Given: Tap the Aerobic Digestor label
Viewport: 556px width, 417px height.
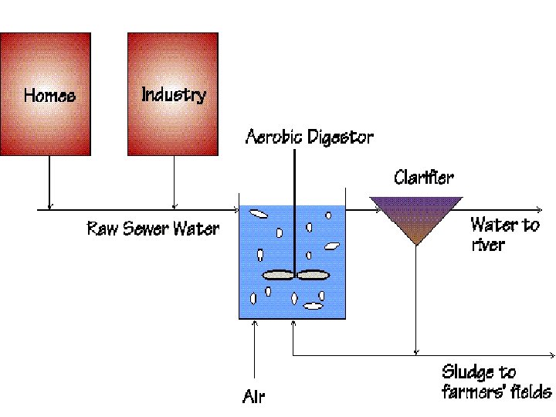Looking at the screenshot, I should pos(309,137).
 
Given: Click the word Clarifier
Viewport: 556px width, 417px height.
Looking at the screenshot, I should pos(423,177).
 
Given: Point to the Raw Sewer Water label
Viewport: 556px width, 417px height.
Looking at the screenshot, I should pos(152,229).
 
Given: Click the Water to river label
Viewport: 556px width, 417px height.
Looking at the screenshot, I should pos(505,234).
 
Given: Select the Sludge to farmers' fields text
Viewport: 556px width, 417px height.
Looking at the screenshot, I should pos(496,381).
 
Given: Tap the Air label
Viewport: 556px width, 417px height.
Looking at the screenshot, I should pos(253,397).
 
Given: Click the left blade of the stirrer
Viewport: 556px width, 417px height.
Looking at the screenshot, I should pos(279,274).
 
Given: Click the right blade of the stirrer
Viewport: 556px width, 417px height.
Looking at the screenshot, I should pos(314,274).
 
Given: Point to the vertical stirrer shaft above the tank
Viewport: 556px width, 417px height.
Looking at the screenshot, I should pos(295,178).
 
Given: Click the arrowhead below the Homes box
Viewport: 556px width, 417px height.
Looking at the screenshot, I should pos(49,205).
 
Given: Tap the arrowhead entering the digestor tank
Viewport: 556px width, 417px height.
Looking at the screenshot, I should pos(237,209).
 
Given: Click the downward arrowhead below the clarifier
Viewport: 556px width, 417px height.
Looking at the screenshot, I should pos(415,351).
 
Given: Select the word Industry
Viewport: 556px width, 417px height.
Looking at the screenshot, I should pos(174,94).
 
